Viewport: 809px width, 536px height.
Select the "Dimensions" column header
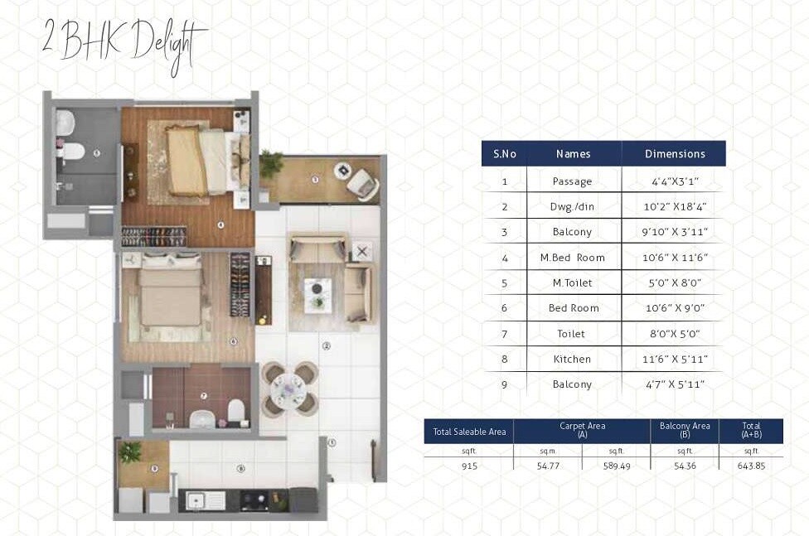(x=674, y=153)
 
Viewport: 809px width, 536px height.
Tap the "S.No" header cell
(x=504, y=153)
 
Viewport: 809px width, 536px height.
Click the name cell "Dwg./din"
(x=573, y=206)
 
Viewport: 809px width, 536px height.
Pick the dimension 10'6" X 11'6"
(x=674, y=258)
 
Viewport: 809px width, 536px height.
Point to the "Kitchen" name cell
(x=573, y=360)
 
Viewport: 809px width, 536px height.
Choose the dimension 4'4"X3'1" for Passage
(x=674, y=181)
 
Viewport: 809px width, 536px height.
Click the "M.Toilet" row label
(x=573, y=283)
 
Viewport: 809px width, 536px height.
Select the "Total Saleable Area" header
(x=468, y=432)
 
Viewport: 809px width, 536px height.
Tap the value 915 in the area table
(x=468, y=466)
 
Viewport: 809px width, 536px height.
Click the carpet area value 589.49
(x=615, y=466)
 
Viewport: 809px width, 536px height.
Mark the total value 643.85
(x=751, y=466)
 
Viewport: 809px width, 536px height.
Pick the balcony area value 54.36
(x=685, y=466)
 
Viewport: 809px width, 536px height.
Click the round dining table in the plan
(x=289, y=388)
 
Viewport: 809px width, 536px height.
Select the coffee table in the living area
(x=317, y=292)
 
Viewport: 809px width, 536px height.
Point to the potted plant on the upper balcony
(x=270, y=163)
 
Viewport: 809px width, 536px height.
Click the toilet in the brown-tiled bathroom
(x=236, y=411)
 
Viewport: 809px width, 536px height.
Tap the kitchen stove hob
(x=253, y=500)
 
